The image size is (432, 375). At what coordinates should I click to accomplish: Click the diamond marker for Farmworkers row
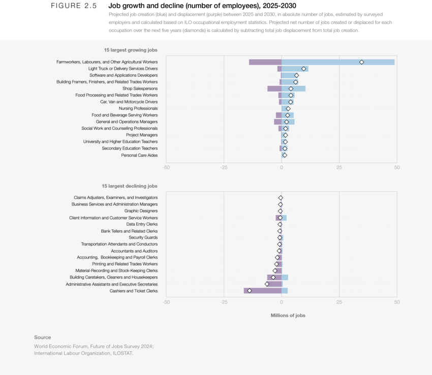click(361, 62)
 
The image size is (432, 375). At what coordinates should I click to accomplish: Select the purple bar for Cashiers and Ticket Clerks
click(262, 291)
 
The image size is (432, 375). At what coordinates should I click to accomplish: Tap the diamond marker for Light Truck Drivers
click(303, 69)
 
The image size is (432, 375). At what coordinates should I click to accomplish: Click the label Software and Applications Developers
click(124, 75)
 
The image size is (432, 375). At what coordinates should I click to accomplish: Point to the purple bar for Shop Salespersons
click(274, 89)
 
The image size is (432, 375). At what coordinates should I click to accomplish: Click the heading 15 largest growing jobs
click(131, 50)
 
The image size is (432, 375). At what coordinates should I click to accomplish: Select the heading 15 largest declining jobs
click(130, 186)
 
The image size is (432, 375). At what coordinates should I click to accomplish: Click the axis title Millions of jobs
click(288, 315)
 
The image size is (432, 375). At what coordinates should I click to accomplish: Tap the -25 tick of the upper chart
click(224, 167)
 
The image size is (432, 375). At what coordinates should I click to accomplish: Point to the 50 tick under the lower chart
click(396, 302)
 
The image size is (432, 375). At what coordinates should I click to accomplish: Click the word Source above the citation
click(43, 337)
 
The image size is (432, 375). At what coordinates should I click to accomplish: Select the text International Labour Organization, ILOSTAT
click(83, 353)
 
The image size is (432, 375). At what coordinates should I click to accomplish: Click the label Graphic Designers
click(141, 211)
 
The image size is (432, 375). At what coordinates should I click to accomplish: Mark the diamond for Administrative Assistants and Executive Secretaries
click(267, 284)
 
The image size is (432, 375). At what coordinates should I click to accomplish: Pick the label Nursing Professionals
click(138, 108)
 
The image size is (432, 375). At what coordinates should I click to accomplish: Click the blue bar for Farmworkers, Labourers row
click(338, 62)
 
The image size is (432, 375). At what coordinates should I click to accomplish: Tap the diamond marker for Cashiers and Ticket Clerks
click(250, 291)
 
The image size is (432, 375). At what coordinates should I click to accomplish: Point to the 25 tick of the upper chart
click(339, 167)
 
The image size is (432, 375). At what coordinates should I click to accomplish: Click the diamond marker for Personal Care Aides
click(285, 155)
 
